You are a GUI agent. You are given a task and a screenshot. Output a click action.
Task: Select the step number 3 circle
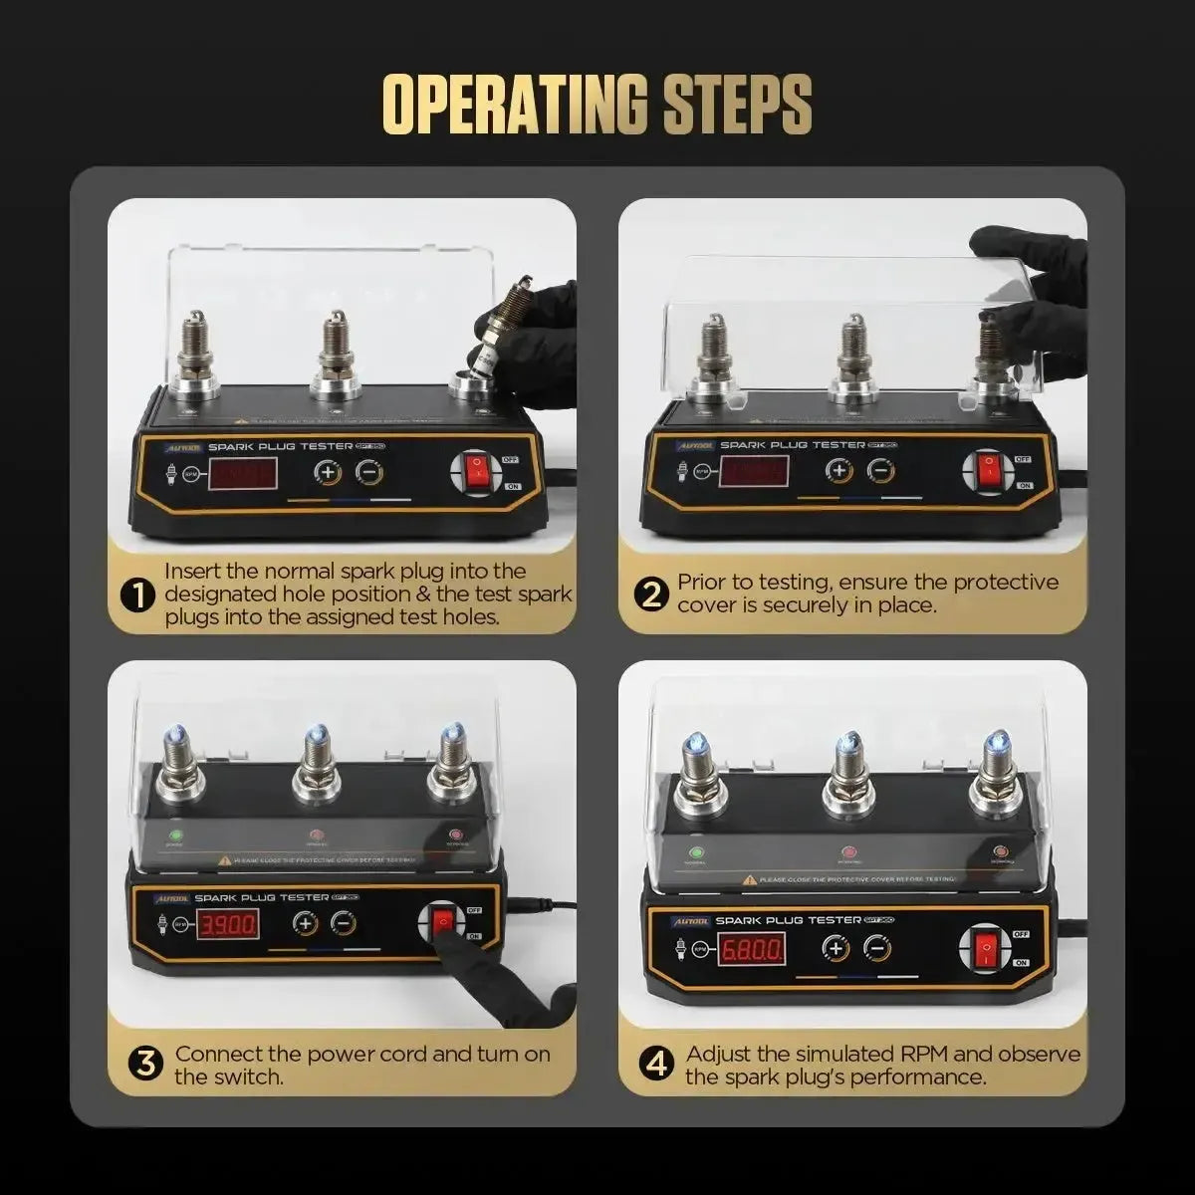pyautogui.click(x=145, y=1065)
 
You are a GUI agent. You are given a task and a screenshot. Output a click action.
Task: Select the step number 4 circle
pyautogui.click(x=656, y=1065)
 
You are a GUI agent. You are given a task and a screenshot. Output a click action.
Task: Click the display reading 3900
pyautogui.click(x=229, y=925)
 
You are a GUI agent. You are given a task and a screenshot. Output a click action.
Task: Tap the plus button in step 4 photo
pyautogui.click(x=835, y=948)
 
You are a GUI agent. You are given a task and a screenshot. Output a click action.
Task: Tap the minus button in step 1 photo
pyautogui.click(x=368, y=472)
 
